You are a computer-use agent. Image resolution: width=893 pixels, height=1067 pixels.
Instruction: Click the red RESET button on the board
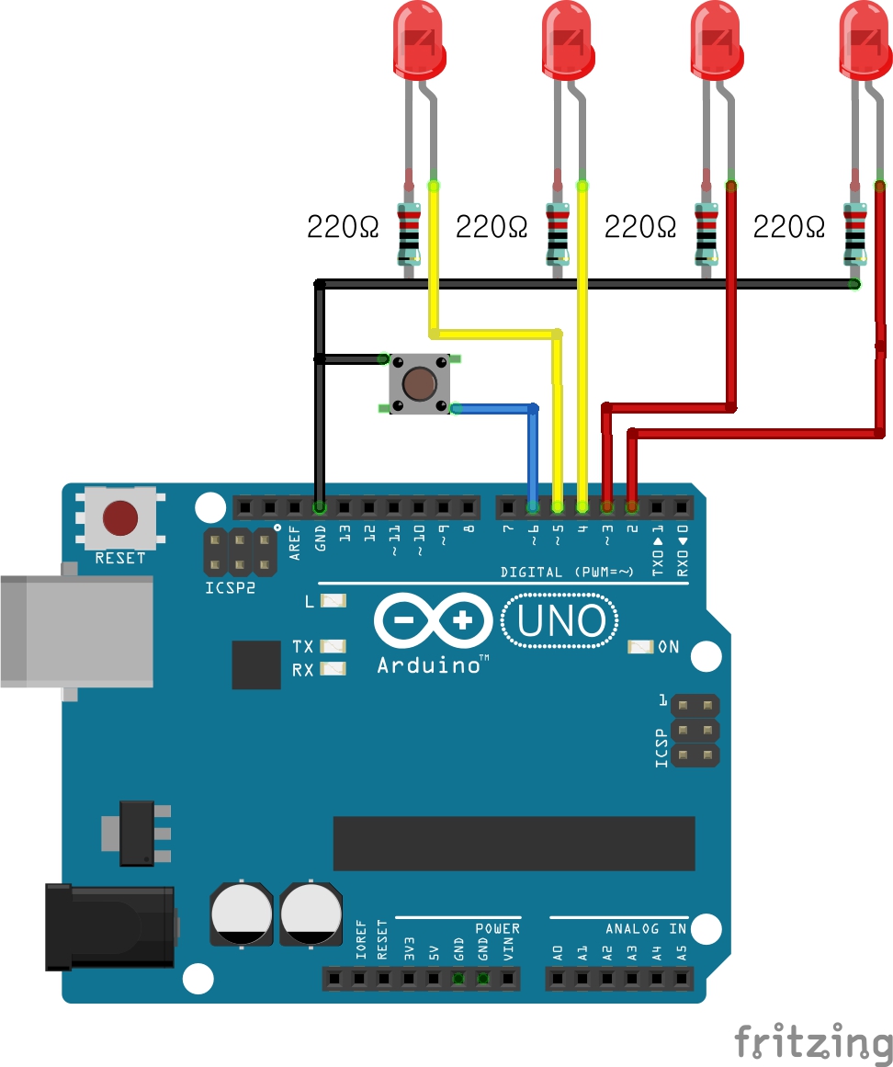coord(120,518)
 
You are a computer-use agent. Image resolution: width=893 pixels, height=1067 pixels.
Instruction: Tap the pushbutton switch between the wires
coord(419,383)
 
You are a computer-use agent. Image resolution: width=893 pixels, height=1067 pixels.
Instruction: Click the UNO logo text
coord(561,621)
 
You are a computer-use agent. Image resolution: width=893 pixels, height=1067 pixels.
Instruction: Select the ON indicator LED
coord(640,647)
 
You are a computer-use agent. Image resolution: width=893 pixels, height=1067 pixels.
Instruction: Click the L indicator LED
coord(333,601)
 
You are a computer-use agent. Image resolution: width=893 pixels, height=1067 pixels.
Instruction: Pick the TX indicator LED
coord(333,646)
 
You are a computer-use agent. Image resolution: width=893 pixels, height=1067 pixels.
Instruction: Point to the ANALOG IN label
coord(645,929)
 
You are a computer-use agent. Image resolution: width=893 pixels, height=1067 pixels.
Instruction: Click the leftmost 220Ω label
coord(343,226)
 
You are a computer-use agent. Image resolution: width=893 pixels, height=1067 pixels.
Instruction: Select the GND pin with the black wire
coord(320,506)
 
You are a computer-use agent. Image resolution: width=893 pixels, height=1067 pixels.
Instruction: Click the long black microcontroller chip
coord(514,842)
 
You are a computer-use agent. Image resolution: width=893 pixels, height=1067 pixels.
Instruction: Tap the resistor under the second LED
coord(558,232)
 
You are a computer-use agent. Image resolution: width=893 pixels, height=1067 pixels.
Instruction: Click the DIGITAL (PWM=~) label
coord(567,572)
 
